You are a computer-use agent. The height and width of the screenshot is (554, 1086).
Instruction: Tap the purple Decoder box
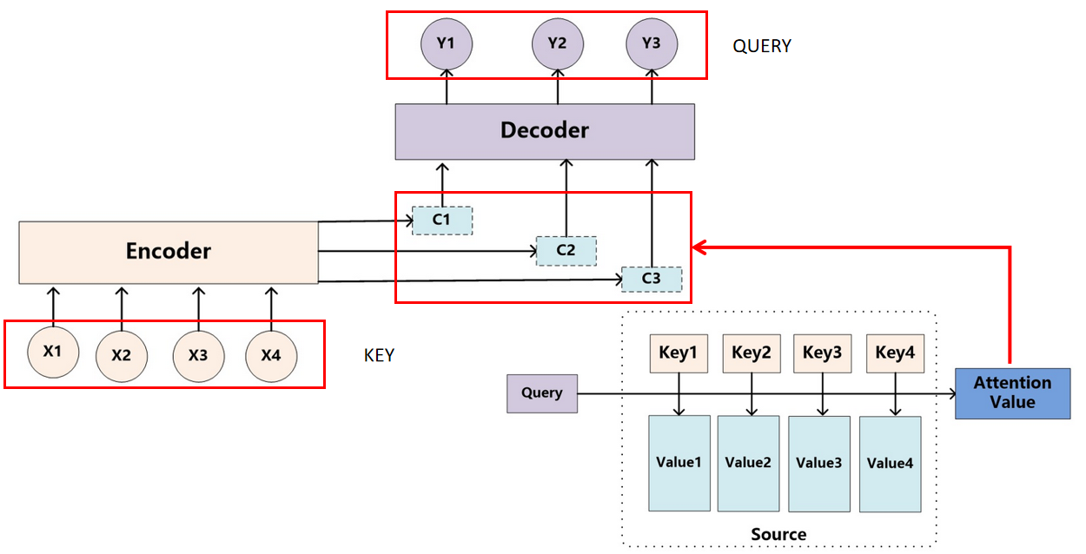click(x=545, y=131)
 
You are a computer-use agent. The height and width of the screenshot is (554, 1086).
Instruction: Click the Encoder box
click(x=169, y=252)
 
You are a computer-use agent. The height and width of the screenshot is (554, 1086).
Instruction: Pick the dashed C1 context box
click(x=441, y=220)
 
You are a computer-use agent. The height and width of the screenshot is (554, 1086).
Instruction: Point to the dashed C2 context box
click(x=566, y=250)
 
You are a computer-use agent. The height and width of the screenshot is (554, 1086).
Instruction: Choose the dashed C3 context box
click(x=651, y=279)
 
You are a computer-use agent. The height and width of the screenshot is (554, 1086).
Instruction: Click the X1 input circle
click(x=53, y=353)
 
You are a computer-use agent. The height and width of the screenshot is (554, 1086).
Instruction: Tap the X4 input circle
click(x=271, y=356)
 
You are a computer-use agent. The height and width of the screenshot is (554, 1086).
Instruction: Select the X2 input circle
click(x=121, y=356)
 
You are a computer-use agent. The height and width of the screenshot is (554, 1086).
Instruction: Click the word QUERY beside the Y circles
click(x=762, y=47)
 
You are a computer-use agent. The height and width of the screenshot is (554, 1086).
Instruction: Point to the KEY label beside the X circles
click(x=379, y=356)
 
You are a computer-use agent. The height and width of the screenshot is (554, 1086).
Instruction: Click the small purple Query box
click(x=542, y=393)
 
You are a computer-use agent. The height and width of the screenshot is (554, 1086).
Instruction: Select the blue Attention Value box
click(x=1012, y=393)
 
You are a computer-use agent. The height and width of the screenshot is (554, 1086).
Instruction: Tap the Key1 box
click(x=679, y=353)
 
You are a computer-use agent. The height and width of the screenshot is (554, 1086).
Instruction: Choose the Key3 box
click(x=822, y=353)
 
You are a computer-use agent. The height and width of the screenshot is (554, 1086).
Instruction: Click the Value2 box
click(x=748, y=463)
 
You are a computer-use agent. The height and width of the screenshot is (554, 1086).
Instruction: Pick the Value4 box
click(x=890, y=463)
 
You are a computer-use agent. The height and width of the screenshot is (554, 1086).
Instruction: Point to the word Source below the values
click(x=778, y=534)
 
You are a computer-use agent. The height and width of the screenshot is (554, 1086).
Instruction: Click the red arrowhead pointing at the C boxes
click(x=698, y=248)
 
